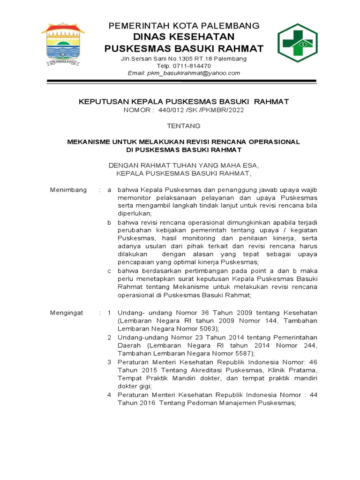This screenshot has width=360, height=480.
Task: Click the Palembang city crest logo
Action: (63, 43)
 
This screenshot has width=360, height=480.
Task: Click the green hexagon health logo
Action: (297, 43)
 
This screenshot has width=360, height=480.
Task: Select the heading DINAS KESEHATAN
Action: (183, 37)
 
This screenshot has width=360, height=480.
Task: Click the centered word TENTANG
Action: (184, 126)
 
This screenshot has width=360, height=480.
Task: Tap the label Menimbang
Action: (68, 190)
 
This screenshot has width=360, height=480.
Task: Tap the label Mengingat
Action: (67, 313)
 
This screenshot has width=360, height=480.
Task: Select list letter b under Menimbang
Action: (109, 222)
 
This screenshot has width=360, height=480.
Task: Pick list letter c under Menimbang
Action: (109, 271)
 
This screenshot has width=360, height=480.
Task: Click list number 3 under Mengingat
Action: (109, 362)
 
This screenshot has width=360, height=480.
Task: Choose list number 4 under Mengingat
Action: (109, 395)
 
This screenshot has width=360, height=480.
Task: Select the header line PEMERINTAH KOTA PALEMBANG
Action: (184, 26)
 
